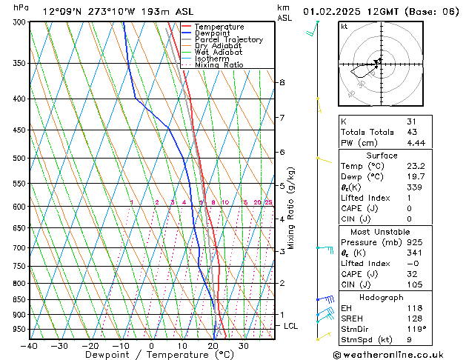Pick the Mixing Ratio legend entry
click(x=219, y=65)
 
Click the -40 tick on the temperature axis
click(x=30, y=346)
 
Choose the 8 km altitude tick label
click(x=282, y=82)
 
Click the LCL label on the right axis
click(x=291, y=326)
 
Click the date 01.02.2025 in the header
click(x=332, y=11)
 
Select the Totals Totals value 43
click(x=411, y=132)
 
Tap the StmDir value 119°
click(x=415, y=330)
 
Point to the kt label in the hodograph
click(x=344, y=27)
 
